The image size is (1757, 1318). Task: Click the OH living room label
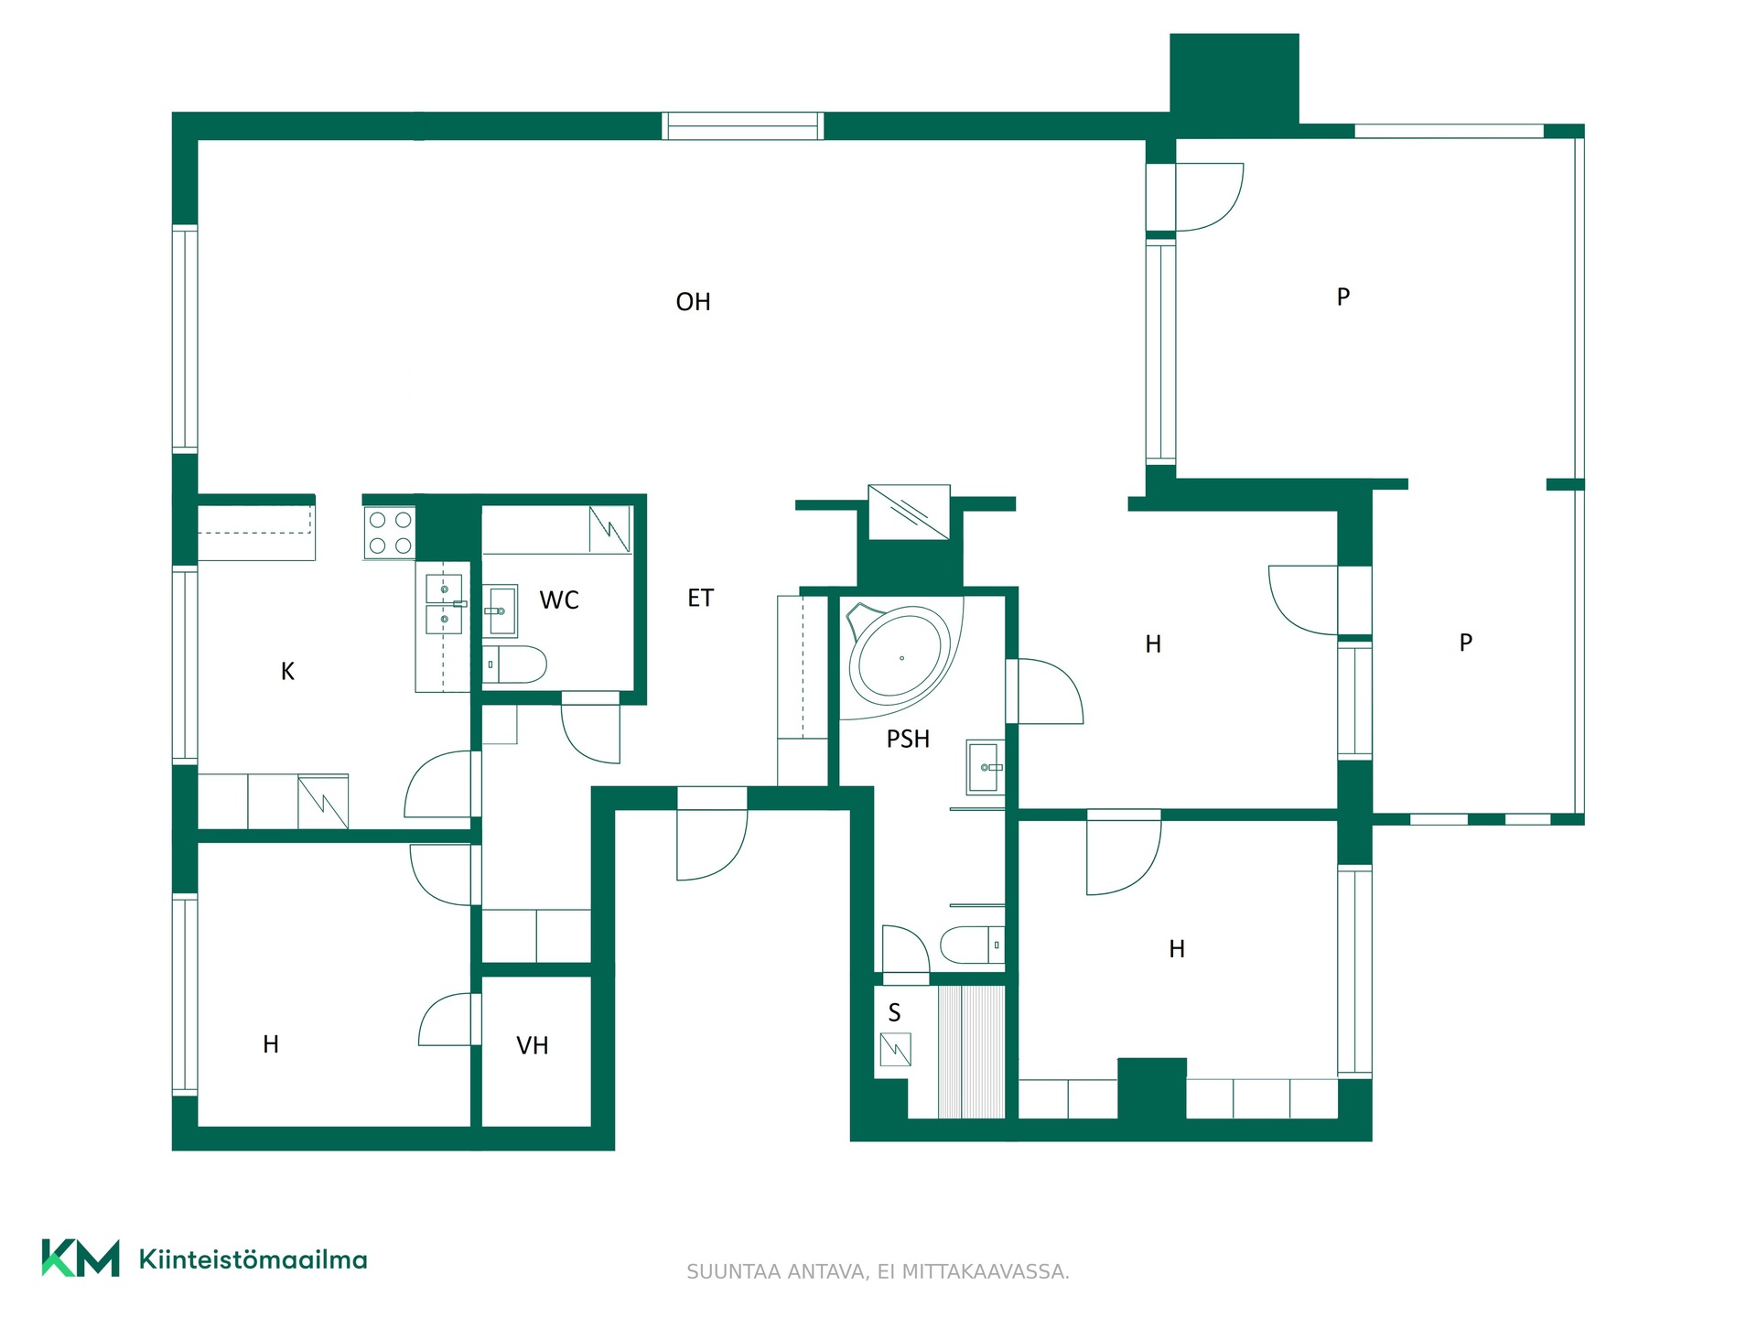pyautogui.click(x=693, y=302)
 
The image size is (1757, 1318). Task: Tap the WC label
pyautogui.click(x=559, y=600)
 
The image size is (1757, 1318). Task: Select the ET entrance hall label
pyautogui.click(x=700, y=599)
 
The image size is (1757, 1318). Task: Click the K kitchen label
pyautogui.click(x=287, y=672)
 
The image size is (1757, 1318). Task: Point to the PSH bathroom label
pyautogui.click(x=908, y=739)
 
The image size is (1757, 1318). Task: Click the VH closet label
pyautogui.click(x=533, y=1045)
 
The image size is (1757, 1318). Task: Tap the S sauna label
pyautogui.click(x=894, y=1012)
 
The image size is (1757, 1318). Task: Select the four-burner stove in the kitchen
pyautogui.click(x=390, y=533)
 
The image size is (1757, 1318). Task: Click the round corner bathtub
pyautogui.click(x=901, y=656)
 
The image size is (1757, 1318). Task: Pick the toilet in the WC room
pyautogui.click(x=514, y=664)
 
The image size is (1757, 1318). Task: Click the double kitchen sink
pyautogui.click(x=444, y=604)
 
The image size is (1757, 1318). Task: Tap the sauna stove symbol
pyautogui.click(x=895, y=1050)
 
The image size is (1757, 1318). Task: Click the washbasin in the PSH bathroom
pyautogui.click(x=985, y=767)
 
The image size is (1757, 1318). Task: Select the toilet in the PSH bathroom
pyautogui.click(x=972, y=945)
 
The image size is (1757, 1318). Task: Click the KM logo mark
pyautogui.click(x=81, y=1259)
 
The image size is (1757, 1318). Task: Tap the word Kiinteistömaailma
pyautogui.click(x=253, y=1259)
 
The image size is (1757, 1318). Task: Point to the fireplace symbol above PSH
pyautogui.click(x=909, y=513)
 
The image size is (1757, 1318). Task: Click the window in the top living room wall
pyautogui.click(x=742, y=126)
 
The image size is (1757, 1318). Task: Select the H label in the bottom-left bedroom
pyautogui.click(x=271, y=1044)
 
